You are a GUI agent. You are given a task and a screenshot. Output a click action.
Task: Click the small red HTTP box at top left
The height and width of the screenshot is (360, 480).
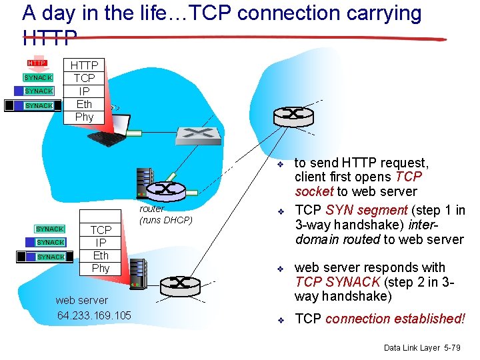point(37,63)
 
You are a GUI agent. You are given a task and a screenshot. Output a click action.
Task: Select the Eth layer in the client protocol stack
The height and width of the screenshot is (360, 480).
point(85,104)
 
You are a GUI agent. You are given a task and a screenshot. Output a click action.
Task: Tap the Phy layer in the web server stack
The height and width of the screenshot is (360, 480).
point(101,268)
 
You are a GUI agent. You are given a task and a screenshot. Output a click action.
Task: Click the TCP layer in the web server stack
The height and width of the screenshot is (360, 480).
point(101,230)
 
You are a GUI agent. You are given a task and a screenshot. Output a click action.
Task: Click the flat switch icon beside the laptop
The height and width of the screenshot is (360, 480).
point(198,135)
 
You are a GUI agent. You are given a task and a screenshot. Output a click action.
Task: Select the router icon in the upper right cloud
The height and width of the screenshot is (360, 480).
point(293,114)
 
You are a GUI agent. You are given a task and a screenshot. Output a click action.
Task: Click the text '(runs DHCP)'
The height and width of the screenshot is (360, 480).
point(165,220)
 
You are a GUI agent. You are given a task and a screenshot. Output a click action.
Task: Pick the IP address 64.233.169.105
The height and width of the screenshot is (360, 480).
point(94,315)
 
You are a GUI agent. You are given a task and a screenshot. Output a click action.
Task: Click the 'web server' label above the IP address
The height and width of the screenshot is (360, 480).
point(81,301)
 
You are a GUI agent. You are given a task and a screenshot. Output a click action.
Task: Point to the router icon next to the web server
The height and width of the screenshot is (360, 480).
point(179,284)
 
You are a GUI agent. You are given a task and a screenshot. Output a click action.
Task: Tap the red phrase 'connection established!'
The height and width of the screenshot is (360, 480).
point(395,319)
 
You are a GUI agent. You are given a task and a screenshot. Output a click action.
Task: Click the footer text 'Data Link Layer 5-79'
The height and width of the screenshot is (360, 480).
point(421,348)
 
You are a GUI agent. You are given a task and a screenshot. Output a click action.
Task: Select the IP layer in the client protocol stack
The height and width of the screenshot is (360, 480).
point(85,91)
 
